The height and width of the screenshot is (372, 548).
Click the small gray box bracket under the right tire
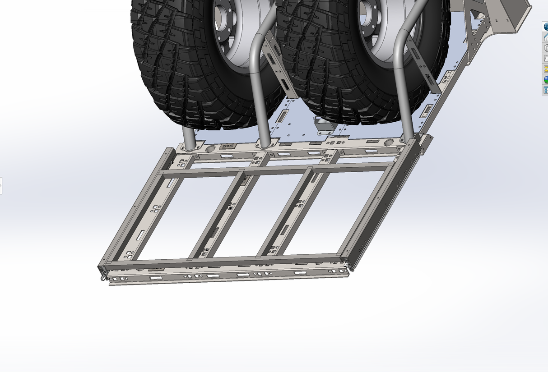click(323, 125)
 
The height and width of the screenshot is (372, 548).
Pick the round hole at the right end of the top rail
click(390, 143)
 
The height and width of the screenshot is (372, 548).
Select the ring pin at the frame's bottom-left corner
click(103, 276)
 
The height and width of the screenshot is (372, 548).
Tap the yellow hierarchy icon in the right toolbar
click(545, 69)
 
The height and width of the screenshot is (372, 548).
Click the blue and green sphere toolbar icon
click(545, 80)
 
